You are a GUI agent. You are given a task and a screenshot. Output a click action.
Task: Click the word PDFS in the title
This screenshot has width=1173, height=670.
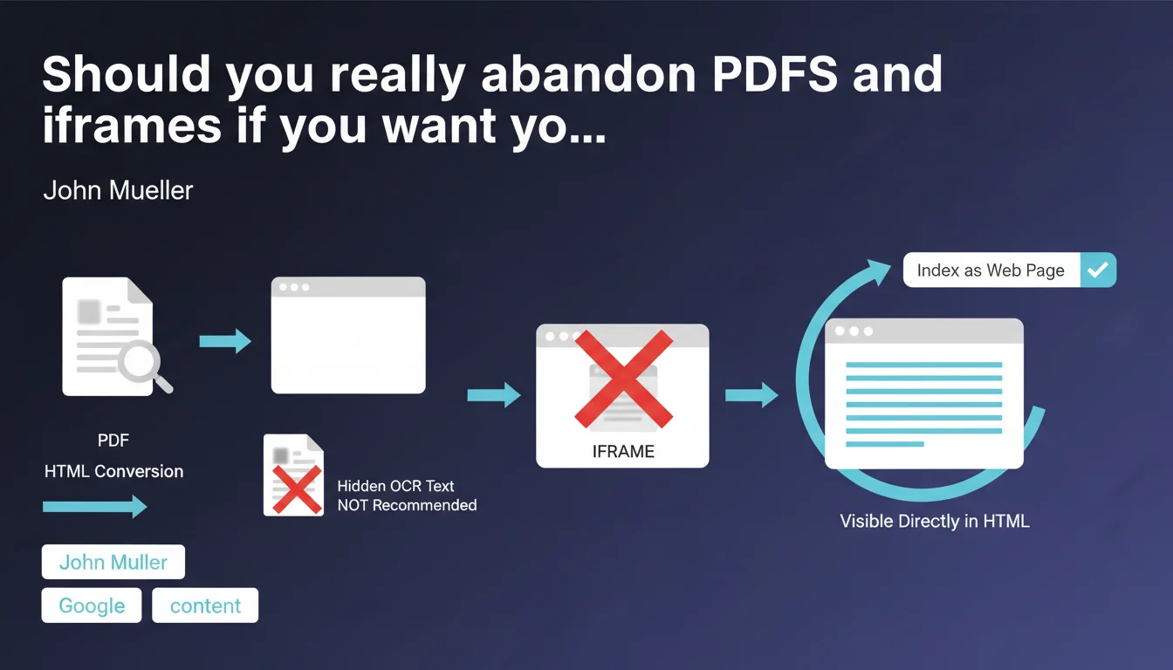click(775, 74)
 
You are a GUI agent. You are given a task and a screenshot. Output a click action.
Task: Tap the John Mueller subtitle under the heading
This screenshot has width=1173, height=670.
click(118, 190)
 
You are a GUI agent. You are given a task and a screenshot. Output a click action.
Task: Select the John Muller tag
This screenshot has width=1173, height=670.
click(113, 562)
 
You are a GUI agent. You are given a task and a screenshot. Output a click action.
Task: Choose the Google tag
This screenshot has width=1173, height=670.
click(92, 605)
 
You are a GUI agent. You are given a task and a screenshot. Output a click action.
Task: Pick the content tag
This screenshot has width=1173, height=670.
click(205, 605)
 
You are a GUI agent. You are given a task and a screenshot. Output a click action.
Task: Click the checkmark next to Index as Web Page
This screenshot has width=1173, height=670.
click(1098, 270)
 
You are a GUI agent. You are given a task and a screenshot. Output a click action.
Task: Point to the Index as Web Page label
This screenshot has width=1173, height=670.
click(991, 270)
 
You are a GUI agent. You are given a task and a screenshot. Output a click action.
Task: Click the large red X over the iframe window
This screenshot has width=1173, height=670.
click(623, 379)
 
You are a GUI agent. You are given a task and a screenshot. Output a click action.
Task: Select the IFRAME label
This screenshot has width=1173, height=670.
click(623, 451)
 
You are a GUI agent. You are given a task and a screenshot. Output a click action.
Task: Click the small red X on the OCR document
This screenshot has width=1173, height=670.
click(297, 489)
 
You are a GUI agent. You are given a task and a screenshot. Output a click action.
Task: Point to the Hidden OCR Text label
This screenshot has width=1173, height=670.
click(395, 486)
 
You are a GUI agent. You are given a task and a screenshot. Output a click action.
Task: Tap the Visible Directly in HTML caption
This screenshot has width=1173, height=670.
click(935, 521)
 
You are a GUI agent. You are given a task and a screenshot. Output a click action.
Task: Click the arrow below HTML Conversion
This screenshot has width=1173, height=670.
click(95, 506)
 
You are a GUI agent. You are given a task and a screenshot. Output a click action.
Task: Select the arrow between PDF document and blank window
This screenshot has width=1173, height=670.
click(225, 341)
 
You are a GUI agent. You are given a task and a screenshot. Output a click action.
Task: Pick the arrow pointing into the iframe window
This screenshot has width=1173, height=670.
click(494, 394)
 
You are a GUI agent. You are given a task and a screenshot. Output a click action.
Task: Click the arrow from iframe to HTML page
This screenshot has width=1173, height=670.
click(751, 394)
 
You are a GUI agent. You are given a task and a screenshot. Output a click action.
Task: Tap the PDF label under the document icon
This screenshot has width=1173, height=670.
click(113, 441)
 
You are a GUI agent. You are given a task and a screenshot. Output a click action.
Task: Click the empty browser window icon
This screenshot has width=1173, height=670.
click(348, 335)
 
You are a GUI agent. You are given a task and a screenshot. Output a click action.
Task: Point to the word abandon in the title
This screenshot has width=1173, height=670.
click(588, 74)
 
